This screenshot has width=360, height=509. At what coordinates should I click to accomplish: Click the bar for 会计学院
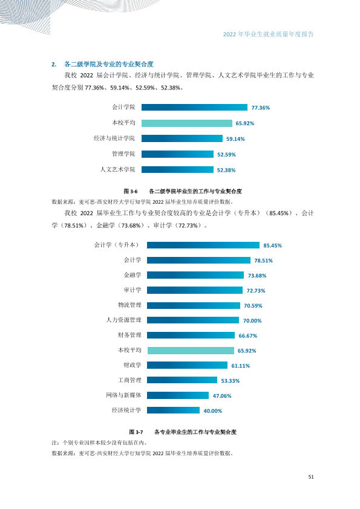click(x=194, y=108)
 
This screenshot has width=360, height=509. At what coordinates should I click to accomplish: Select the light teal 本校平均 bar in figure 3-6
click(x=187, y=123)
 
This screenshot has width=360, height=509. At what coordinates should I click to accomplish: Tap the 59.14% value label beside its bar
click(x=235, y=139)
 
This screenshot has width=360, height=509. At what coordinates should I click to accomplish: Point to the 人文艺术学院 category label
click(x=117, y=169)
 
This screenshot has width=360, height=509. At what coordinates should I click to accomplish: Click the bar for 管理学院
click(x=177, y=154)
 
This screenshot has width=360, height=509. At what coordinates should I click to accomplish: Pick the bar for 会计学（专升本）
click(x=203, y=245)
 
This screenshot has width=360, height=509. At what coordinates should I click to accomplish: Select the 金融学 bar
click(x=195, y=275)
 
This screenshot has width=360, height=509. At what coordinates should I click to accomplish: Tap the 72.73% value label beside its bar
click(x=256, y=291)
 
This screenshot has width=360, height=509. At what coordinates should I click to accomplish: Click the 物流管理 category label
click(x=129, y=305)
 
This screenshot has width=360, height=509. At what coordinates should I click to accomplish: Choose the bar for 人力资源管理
click(x=193, y=320)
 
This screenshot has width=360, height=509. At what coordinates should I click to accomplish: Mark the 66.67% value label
click(x=248, y=336)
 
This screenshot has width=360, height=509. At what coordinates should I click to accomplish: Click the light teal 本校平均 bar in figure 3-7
click(x=191, y=351)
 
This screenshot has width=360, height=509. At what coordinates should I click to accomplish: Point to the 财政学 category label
click(x=133, y=365)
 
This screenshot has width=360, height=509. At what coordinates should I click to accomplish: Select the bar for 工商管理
click(x=182, y=380)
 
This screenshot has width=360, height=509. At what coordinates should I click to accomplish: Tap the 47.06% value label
click(x=222, y=396)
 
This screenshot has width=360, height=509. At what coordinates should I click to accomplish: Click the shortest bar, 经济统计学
click(x=173, y=410)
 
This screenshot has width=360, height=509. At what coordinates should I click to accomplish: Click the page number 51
click(x=311, y=477)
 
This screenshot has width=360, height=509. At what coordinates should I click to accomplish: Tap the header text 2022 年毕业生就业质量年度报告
click(x=269, y=34)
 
